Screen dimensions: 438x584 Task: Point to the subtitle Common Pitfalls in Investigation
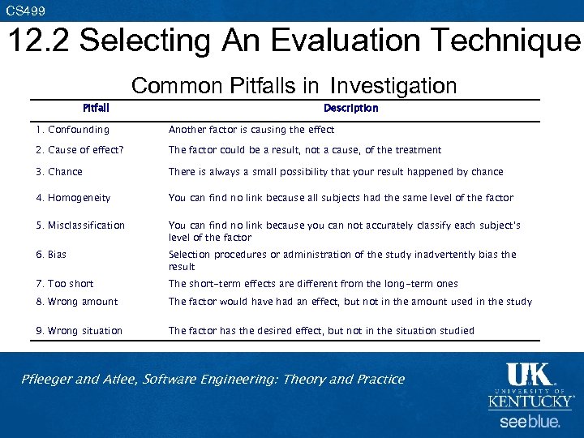[294, 86]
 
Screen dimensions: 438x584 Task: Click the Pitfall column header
[96, 108]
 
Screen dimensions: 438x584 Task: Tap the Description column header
[350, 108]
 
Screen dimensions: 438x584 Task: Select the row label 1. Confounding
[72, 130]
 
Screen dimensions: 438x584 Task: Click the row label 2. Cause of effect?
[79, 150]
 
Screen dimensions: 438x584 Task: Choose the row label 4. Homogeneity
[73, 198]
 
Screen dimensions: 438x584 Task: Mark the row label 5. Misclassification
[80, 225]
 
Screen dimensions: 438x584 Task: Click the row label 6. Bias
[51, 255]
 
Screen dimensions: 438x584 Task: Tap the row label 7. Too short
[65, 284]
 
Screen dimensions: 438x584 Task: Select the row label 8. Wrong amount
[77, 302]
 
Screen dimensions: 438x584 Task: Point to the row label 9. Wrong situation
[79, 331]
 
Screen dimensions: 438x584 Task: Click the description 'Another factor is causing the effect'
[251, 130]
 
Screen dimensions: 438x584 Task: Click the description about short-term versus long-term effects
[313, 284]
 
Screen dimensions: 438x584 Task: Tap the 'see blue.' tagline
[530, 423]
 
